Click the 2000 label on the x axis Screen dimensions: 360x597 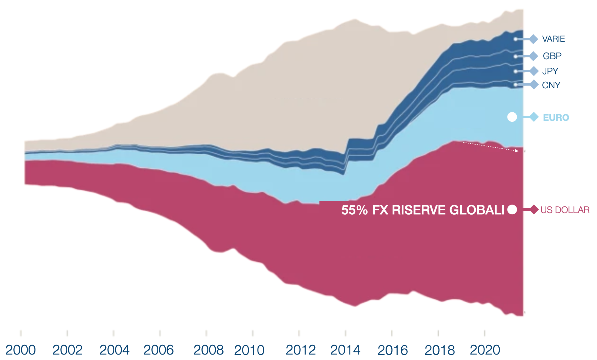[x=21, y=350]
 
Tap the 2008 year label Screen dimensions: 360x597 [x=208, y=350]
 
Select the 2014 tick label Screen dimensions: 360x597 [x=345, y=350]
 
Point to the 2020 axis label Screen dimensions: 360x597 [x=485, y=350]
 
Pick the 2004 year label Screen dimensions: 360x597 [x=114, y=350]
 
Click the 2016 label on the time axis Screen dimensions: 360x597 [x=393, y=350]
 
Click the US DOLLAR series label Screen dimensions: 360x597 [x=565, y=210]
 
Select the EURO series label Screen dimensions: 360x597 [x=556, y=117]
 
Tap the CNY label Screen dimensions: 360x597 [x=551, y=85]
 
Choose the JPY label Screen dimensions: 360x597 [x=550, y=71]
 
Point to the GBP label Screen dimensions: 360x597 [x=552, y=56]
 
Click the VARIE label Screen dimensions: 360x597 [x=553, y=39]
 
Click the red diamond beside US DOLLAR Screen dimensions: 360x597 [x=534, y=209]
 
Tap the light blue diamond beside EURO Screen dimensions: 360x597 [x=534, y=117]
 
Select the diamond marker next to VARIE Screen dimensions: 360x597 [x=534, y=39]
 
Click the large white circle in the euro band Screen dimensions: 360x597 [x=512, y=117]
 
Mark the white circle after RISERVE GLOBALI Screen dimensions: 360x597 [x=512, y=209]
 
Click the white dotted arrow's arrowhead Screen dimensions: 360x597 [x=517, y=151]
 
